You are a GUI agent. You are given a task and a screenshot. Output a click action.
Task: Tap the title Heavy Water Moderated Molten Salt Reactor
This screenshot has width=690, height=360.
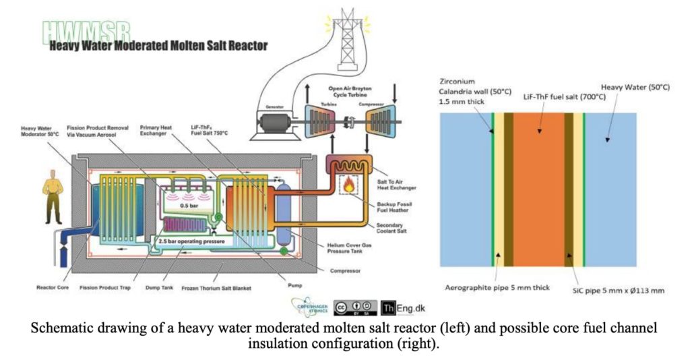point(158,46)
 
